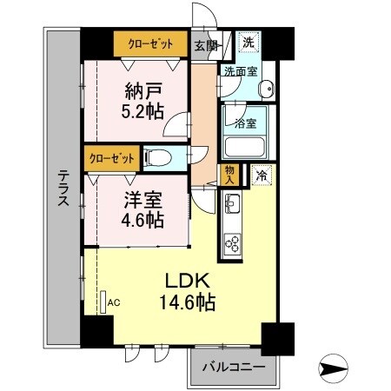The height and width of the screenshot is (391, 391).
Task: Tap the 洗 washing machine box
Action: (249, 42)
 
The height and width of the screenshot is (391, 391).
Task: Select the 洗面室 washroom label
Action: (240, 72)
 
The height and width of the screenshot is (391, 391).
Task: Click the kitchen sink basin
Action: (233, 204)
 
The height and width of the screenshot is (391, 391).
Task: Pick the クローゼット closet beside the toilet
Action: (110, 158)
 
